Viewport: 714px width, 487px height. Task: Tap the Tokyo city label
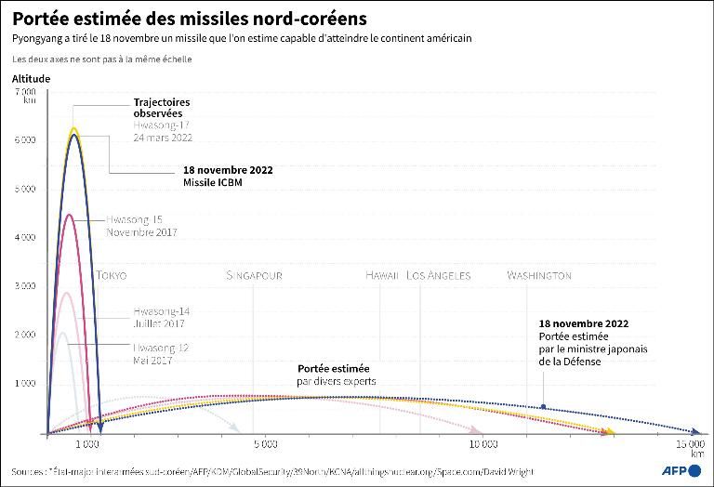[x=111, y=275]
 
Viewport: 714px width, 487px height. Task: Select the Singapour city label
[x=254, y=275]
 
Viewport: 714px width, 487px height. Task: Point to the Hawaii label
[x=382, y=275]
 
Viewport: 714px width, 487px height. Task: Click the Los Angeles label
[x=439, y=275]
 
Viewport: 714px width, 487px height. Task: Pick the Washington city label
[x=539, y=275]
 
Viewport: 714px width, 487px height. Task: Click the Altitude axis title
[x=31, y=79]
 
